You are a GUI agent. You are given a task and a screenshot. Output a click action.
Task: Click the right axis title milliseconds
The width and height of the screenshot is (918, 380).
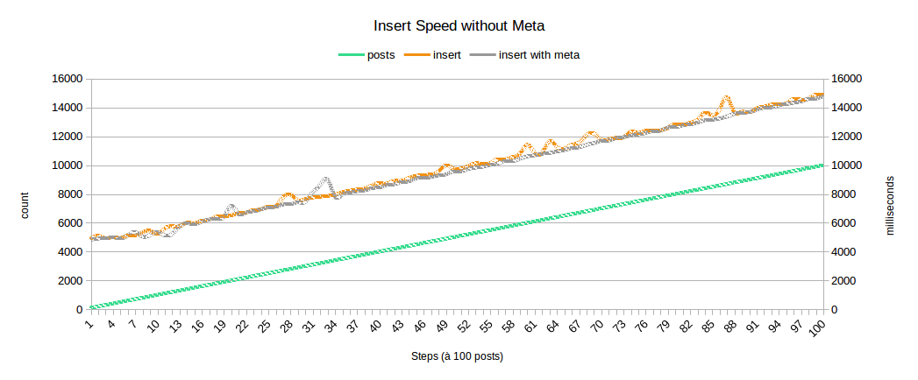tap(891, 204)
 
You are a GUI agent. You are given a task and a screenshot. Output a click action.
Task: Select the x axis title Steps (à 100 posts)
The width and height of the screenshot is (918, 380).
tap(457, 357)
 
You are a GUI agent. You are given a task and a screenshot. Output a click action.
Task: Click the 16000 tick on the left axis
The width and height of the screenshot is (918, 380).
tap(67, 79)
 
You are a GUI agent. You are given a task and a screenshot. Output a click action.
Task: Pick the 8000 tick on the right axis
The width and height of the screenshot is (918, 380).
tap(846, 194)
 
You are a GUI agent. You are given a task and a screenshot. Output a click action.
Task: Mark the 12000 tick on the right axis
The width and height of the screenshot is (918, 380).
tap(846, 137)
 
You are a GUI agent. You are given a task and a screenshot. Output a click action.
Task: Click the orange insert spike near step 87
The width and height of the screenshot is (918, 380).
tap(726, 98)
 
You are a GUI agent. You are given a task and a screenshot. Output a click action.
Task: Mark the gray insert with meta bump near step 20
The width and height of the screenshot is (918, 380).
tap(231, 207)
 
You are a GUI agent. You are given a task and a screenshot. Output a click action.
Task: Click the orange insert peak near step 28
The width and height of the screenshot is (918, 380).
tap(288, 195)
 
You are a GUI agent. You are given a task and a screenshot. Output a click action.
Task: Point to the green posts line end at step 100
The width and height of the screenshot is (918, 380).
tap(822, 165)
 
